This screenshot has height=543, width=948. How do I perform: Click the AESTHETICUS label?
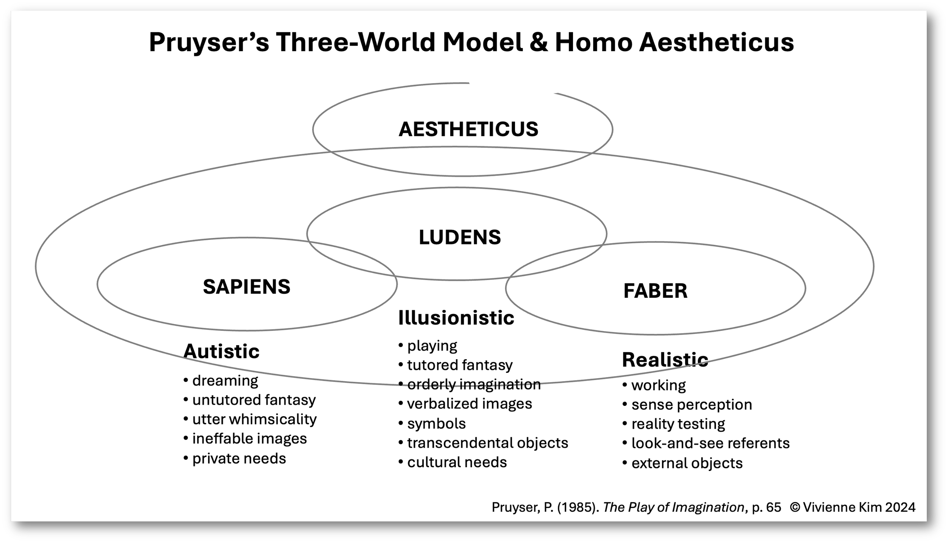(468, 129)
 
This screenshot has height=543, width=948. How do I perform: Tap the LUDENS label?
(460, 237)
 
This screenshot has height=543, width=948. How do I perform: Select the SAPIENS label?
(246, 286)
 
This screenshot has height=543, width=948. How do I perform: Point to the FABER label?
(655, 291)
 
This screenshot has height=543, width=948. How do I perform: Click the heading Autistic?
(221, 352)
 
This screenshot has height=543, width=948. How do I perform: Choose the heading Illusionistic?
(456, 318)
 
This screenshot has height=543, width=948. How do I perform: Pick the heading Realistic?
(665, 360)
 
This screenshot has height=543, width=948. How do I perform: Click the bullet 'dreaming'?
(225, 380)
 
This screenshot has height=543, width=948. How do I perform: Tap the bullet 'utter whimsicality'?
(254, 419)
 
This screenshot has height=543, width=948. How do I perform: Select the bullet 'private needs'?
(239, 458)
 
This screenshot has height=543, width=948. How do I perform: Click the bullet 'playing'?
(432, 346)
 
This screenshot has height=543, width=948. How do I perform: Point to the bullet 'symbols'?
(436, 424)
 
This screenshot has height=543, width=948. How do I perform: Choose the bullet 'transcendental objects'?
(487, 443)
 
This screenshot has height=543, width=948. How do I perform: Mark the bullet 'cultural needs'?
(457, 462)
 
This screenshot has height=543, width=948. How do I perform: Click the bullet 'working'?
(658, 385)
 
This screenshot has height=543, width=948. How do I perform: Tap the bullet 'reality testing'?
(678, 424)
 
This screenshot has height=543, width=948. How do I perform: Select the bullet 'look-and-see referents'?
(710, 443)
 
